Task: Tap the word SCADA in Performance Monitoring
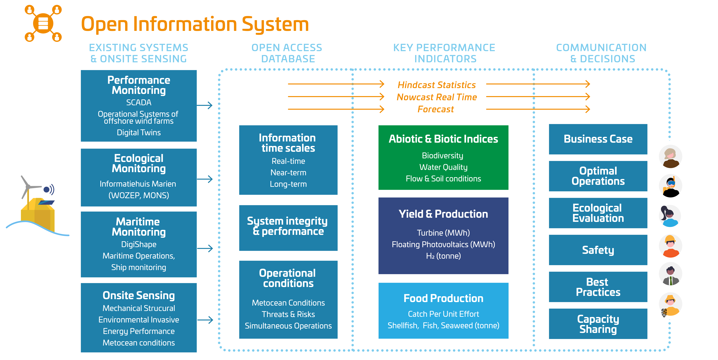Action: pos(139,103)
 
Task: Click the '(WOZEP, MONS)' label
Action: pos(139,195)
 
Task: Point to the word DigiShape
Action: pos(139,244)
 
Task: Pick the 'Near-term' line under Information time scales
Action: pos(288,173)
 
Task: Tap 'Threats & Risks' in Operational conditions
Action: pos(288,314)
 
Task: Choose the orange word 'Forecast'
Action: pos(436,109)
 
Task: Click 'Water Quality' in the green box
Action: pos(443,167)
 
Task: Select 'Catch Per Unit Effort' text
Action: pos(443,314)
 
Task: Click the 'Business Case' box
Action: pos(598,139)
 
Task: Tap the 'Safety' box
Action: pos(598,250)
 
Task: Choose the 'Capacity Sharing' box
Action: pos(598,324)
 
